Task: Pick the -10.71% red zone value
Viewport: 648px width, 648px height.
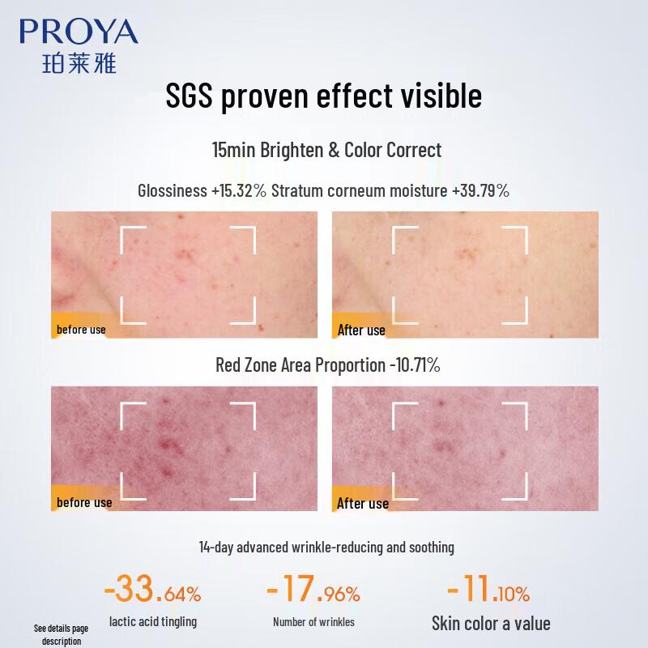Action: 414,364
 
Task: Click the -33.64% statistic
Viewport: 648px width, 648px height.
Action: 152,590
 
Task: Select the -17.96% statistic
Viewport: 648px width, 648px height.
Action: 313,590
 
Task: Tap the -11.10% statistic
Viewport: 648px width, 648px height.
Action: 488,590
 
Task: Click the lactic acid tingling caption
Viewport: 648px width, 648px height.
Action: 152,622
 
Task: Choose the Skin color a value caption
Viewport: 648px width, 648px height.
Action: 491,623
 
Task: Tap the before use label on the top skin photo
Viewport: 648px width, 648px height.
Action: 81,330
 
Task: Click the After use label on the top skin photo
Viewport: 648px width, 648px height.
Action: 361,330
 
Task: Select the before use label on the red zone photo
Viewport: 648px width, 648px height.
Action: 84,502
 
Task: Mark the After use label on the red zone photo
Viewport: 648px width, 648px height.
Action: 363,503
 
